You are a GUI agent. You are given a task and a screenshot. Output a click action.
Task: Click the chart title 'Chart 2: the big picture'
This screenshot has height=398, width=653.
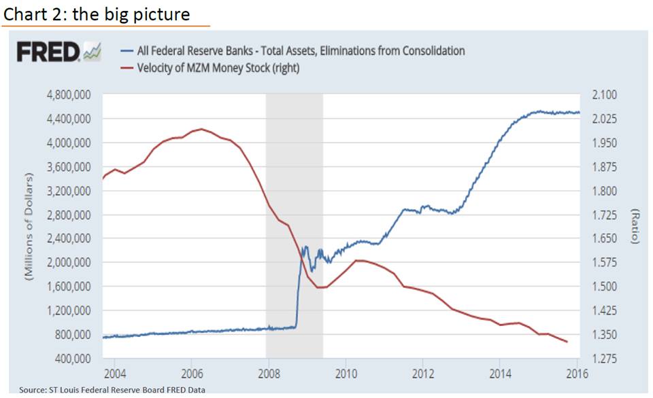[97, 14]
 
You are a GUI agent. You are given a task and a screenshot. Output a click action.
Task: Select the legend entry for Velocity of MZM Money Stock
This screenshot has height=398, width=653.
[218, 67]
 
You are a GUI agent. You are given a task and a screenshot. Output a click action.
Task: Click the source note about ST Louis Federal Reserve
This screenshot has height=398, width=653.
[112, 390]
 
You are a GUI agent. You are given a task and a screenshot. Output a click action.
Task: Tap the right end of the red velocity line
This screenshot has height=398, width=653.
[567, 342]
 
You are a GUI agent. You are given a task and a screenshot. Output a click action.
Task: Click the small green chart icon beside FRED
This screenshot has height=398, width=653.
[91, 52]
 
